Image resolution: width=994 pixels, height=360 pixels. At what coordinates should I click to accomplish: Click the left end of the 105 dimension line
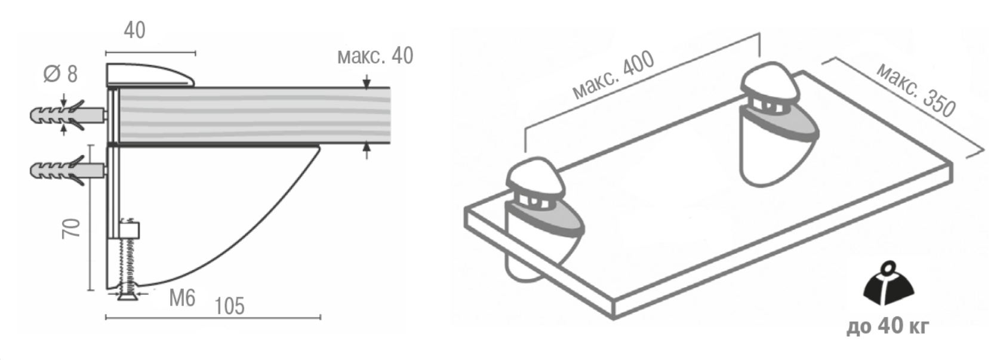(106, 318)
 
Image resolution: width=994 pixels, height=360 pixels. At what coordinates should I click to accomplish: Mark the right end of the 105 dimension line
(321, 318)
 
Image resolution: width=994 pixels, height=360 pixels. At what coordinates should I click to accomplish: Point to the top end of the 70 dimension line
(91, 145)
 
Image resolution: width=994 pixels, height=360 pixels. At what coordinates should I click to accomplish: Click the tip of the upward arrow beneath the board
(366, 143)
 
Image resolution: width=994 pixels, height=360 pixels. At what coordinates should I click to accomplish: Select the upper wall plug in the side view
(67, 115)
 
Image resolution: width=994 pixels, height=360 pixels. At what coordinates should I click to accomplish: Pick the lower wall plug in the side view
(67, 171)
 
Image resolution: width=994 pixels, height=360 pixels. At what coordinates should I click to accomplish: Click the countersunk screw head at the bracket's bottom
(129, 293)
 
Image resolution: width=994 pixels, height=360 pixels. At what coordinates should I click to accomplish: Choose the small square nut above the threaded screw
(129, 229)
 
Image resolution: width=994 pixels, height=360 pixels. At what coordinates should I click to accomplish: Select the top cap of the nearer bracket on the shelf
(536, 179)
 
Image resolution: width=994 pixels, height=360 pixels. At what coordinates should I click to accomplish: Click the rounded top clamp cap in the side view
(150, 75)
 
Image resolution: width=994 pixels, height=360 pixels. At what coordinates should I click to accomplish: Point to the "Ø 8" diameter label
(60, 73)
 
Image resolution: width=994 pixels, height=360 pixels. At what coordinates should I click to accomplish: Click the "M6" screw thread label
(182, 298)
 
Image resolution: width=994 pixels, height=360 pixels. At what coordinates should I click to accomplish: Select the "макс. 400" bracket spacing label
(613, 75)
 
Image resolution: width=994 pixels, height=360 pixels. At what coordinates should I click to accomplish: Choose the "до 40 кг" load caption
(888, 327)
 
